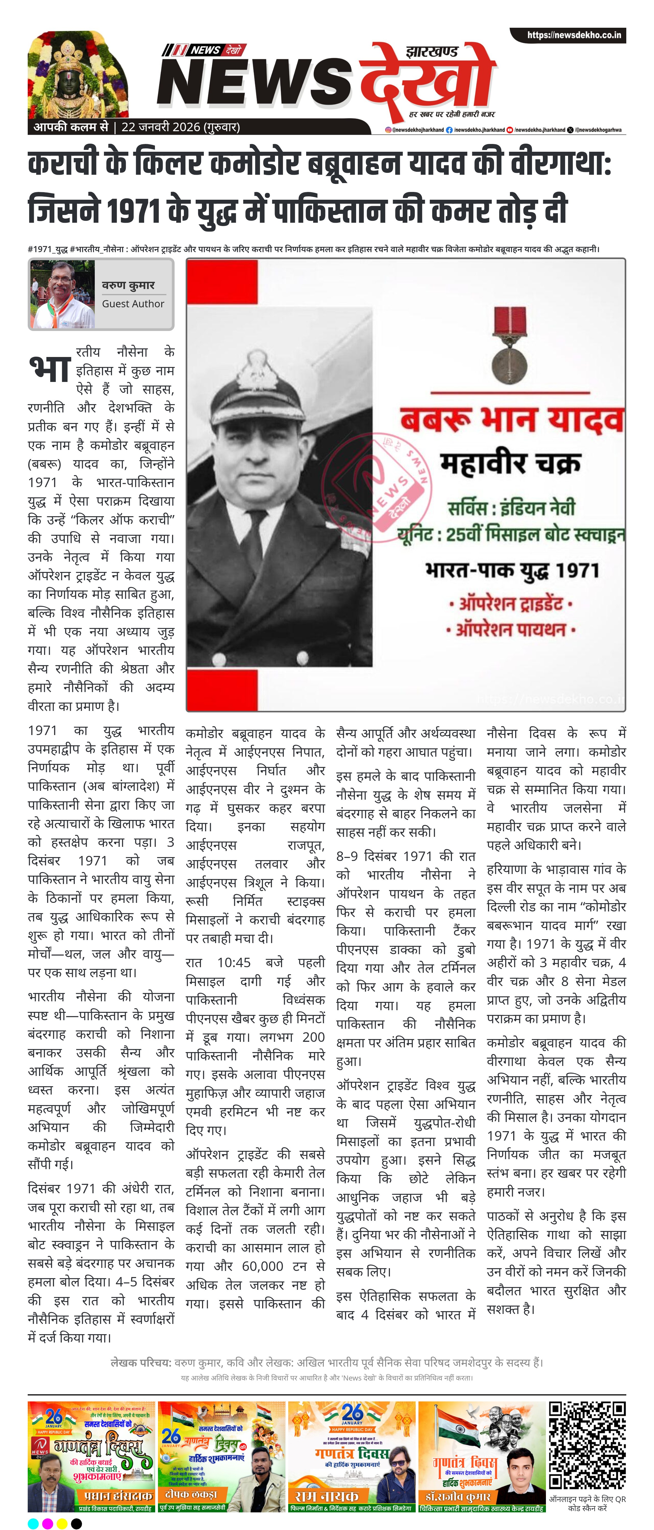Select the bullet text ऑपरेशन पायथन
point(510,630)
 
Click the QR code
point(586,1446)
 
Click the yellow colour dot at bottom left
point(62,1523)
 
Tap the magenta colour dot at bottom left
point(47,1523)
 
